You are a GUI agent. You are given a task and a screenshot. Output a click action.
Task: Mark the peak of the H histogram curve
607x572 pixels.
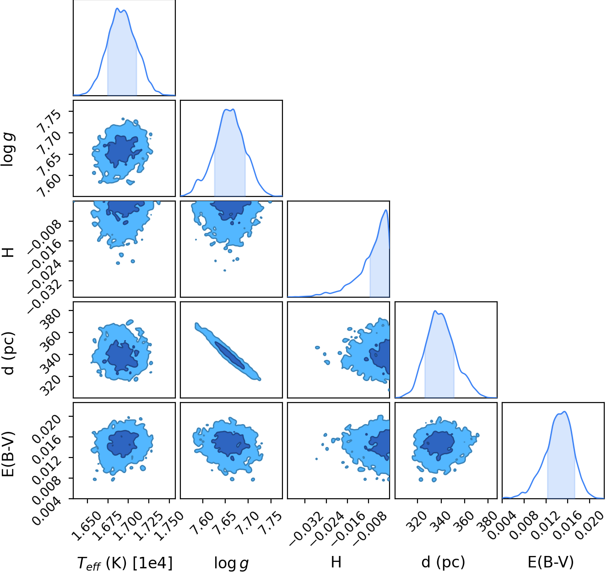[386, 210]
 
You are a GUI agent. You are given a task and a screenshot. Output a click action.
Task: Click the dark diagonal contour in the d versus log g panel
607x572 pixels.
[229, 355]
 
